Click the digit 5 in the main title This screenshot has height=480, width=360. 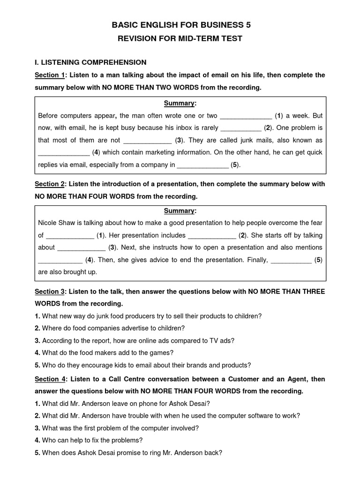pos(254,25)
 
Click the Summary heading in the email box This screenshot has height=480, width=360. pos(180,103)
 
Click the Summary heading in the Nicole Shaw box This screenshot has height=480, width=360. pos(180,211)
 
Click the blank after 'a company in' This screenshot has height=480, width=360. pos(202,165)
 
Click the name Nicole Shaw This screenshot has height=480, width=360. pos(55,223)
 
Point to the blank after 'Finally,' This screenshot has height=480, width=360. pos(291,260)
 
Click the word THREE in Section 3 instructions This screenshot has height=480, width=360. pos(312,292)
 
